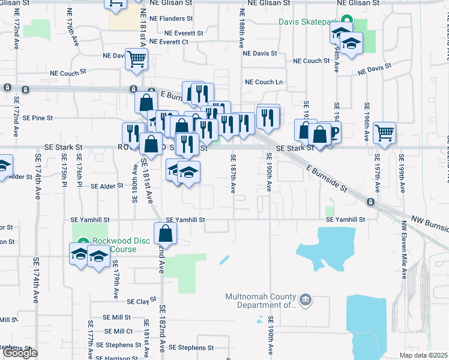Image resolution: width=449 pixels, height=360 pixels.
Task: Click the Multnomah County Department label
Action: click(261, 301)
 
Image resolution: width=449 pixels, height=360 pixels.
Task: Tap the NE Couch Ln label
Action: click(264, 82)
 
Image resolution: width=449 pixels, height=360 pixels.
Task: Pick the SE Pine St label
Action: click(38, 118)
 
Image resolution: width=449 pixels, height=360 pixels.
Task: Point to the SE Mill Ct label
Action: click(118, 331)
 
